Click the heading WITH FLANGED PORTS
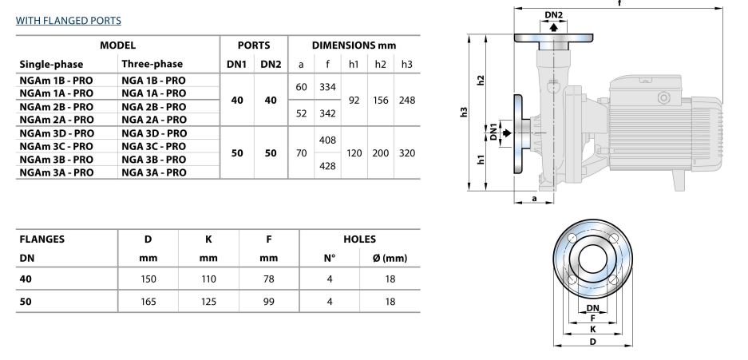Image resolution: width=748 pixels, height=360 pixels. [x=68, y=21]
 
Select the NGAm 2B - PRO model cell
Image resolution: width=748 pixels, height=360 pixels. [x=57, y=107]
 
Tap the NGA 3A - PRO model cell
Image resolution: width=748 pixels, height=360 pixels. [x=153, y=172]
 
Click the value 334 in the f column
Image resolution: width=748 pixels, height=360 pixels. [x=328, y=87]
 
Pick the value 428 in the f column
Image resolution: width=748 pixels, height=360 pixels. [x=328, y=166]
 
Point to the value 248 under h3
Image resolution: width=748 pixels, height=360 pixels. [x=407, y=101]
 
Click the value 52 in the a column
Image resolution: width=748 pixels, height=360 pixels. [x=301, y=113]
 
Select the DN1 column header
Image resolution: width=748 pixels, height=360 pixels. [x=236, y=65]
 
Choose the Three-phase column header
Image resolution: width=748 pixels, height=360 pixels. [x=152, y=64]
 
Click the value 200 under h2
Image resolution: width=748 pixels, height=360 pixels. [x=380, y=153]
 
